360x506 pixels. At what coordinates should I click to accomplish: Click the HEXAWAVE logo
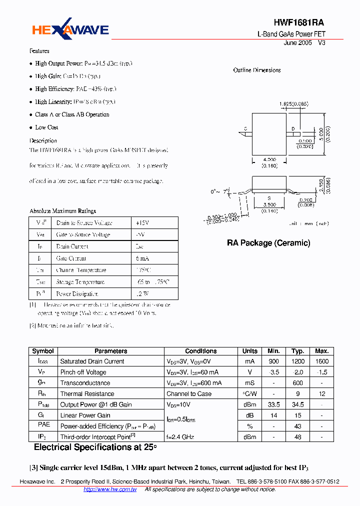tap(70, 30)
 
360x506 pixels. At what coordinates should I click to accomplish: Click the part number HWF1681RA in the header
tap(298, 23)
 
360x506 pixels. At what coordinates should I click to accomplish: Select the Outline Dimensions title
tap(257, 70)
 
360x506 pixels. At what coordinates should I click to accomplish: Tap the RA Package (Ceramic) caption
tap(268, 243)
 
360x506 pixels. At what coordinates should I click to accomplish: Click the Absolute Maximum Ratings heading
tap(62, 211)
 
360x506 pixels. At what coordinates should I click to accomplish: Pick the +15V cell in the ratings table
tap(142, 223)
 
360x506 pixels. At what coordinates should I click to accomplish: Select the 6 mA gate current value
tap(142, 258)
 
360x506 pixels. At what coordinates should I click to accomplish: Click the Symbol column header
tap(42, 351)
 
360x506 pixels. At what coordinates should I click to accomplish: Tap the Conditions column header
tap(200, 351)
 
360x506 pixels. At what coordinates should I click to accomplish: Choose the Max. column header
tap(322, 351)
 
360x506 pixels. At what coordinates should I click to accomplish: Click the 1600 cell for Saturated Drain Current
tap(322, 361)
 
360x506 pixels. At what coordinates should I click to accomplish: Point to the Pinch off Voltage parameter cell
tap(83, 372)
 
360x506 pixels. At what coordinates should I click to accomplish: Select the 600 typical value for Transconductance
tap(298, 383)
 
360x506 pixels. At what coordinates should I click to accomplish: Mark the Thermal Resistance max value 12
tap(322, 394)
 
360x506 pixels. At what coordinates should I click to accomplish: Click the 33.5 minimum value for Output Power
tap(274, 404)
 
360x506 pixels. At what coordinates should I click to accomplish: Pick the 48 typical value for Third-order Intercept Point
tap(298, 437)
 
